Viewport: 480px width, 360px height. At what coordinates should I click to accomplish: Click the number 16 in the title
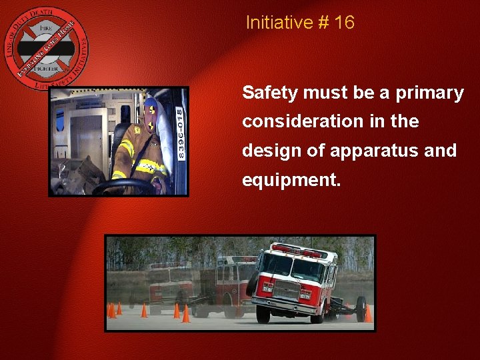tap(344, 23)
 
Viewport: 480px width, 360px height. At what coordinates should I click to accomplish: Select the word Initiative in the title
tap(278, 23)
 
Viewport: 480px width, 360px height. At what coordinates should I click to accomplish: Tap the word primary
tap(429, 93)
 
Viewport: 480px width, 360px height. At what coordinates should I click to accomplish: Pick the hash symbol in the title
tap(324, 23)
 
